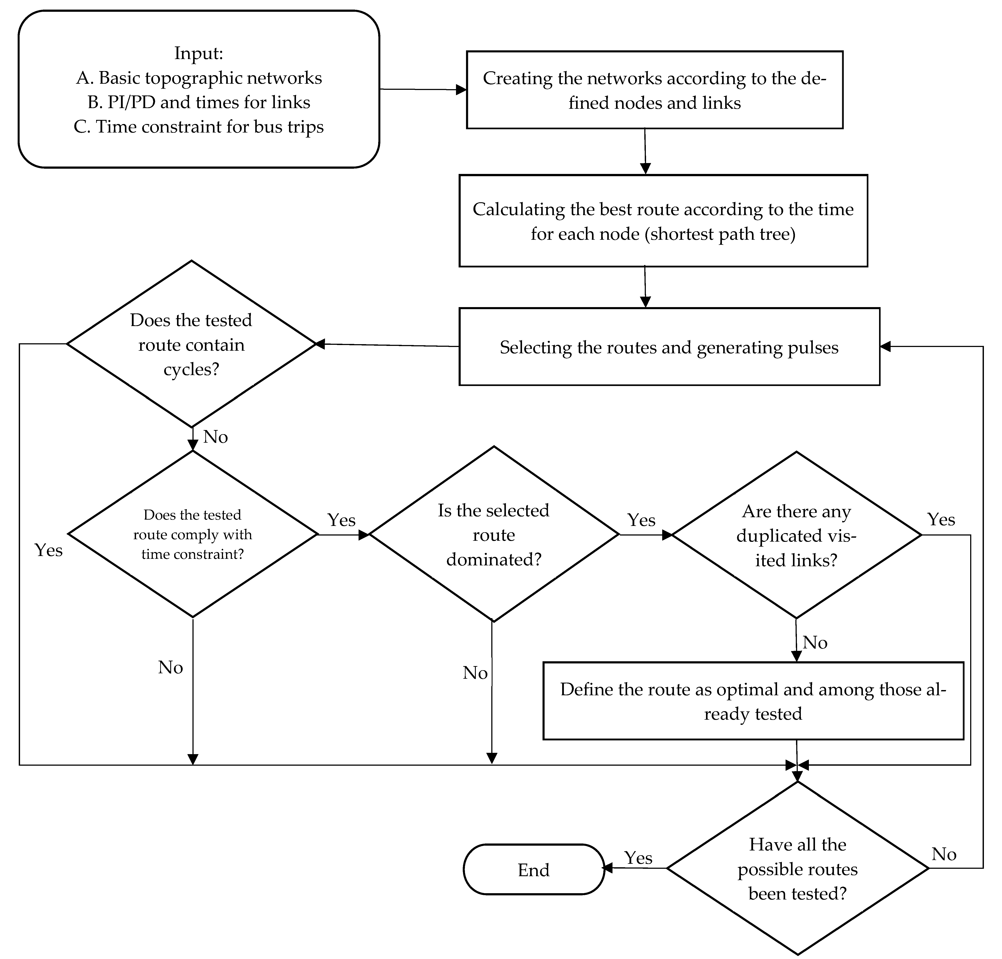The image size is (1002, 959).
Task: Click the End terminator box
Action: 534,870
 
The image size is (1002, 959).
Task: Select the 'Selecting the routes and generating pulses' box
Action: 669,347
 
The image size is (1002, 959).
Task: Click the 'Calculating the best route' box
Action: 663,221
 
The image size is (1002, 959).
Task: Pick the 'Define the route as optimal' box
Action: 753,701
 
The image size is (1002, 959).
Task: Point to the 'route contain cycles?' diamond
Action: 191,344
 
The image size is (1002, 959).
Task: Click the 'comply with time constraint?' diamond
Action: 193,534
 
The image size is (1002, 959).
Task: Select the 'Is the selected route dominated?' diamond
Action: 494,534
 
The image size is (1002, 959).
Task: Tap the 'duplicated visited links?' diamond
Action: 796,535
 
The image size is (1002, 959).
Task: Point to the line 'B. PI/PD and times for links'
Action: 199,102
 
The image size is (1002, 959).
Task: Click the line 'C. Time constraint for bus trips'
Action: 199,127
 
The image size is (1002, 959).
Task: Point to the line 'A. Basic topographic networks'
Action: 199,78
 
